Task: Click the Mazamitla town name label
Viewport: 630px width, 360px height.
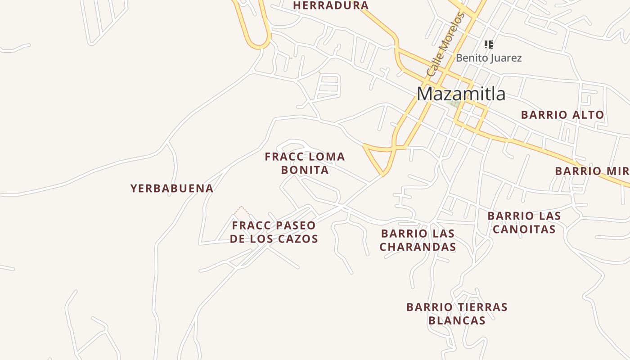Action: [461, 94]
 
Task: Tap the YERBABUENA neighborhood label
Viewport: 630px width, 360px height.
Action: [172, 188]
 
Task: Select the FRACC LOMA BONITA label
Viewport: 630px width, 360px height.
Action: [305, 163]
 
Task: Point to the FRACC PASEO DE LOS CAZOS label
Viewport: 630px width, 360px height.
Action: [274, 232]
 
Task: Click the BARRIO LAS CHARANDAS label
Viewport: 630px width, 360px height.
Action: [418, 240]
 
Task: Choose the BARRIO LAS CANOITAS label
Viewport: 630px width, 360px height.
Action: [524, 222]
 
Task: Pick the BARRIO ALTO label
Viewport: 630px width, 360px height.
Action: [562, 115]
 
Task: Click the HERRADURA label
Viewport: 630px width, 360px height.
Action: [331, 5]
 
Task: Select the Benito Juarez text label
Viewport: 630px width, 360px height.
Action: [489, 58]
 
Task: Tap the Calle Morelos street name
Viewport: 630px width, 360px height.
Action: [445, 44]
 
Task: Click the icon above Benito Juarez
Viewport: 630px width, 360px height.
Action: [489, 44]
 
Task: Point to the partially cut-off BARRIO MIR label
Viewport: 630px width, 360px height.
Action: [592, 171]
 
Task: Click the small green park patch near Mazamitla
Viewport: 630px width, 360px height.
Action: [454, 103]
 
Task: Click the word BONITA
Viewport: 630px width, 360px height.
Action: [305, 170]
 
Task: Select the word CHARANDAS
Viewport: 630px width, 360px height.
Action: [418, 247]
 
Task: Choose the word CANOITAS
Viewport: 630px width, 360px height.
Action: [524, 229]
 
